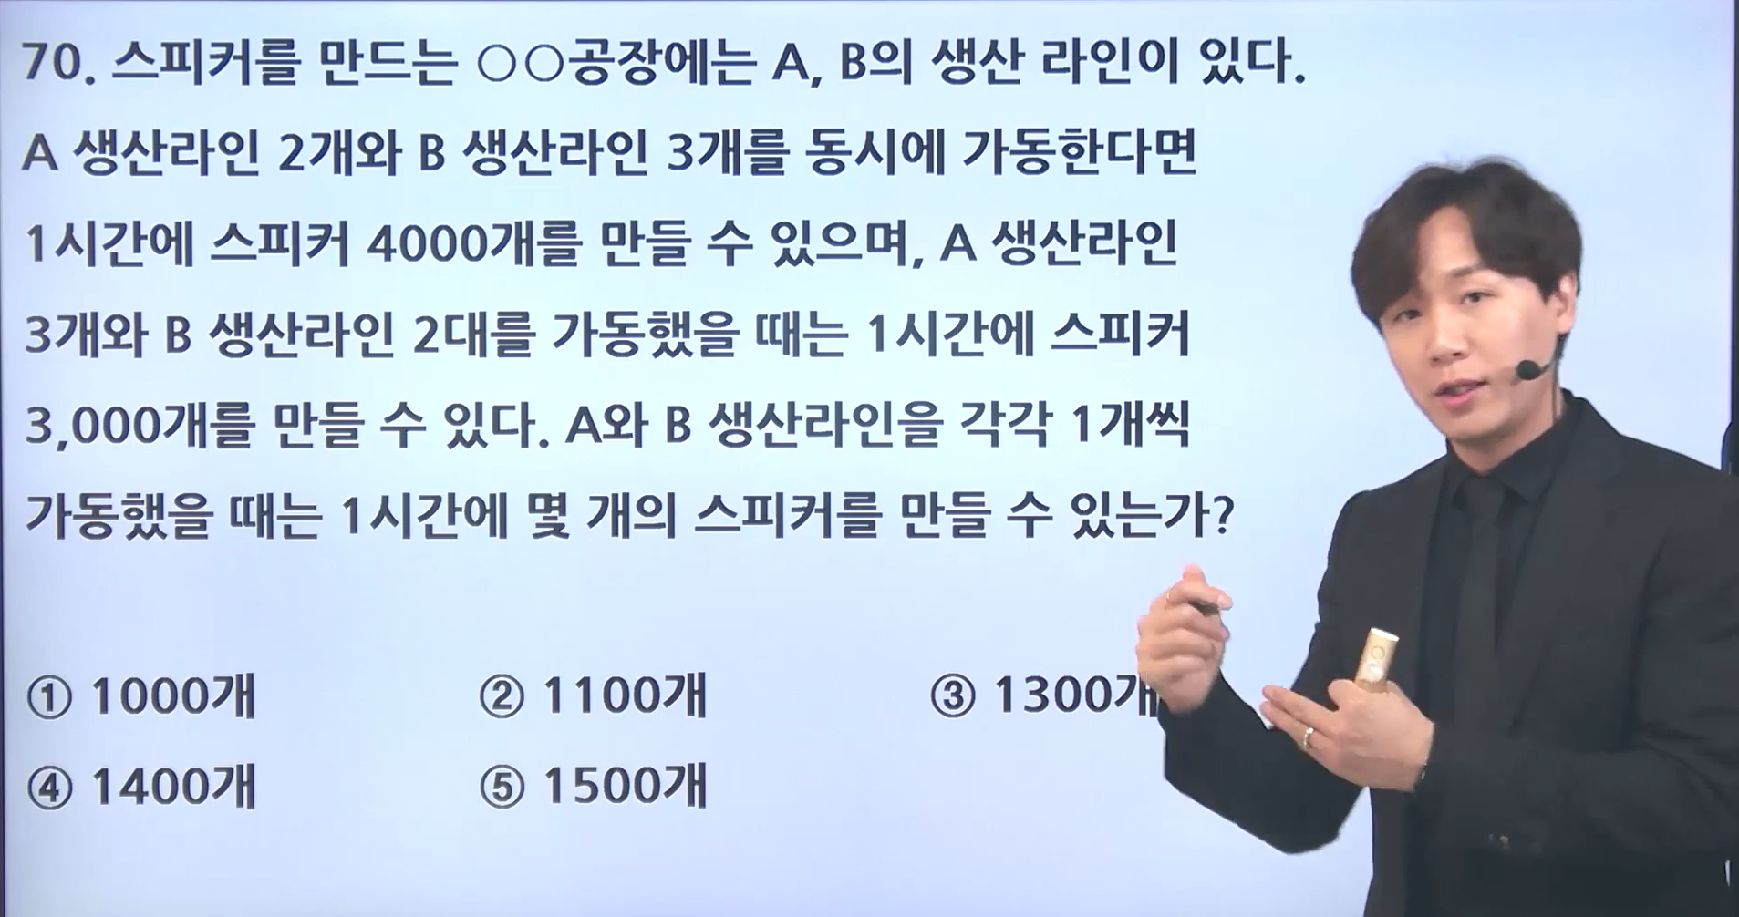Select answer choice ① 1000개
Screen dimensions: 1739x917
tap(141, 697)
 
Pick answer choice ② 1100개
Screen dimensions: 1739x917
tap(593, 697)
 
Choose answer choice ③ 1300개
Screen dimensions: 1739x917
tap(1044, 697)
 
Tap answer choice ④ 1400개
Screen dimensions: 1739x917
tap(141, 787)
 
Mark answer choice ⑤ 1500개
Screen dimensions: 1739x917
tap(593, 787)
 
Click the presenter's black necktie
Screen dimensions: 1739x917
tap(1475, 583)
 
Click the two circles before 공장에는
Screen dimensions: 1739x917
tap(523, 66)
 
